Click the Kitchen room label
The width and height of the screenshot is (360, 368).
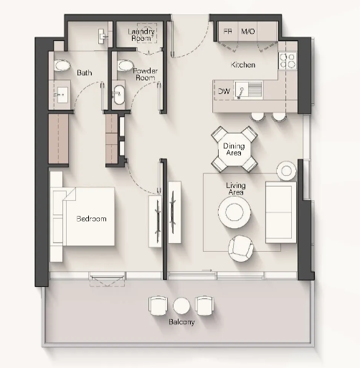tap(243, 65)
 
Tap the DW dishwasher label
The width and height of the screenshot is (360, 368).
tap(224, 91)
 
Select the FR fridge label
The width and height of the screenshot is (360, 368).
tap(227, 32)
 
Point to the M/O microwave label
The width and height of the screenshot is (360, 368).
tap(248, 32)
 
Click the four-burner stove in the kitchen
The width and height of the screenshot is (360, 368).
tap(288, 61)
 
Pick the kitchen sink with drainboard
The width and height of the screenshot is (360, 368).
tap(248, 90)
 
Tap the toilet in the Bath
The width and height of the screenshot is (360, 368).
tap(62, 65)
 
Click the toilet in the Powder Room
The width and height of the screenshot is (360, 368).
tap(125, 65)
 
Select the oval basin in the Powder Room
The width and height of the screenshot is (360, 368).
tap(119, 95)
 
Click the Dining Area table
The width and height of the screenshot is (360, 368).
tap(235, 149)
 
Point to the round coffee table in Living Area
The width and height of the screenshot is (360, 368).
tap(235, 212)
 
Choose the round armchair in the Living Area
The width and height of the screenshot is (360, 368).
tap(240, 248)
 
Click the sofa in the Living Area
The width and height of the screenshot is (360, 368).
tap(281, 212)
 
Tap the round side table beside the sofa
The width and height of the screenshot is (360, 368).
tap(286, 171)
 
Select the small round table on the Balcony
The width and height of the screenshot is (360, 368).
tap(181, 306)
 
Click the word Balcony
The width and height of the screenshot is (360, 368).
tap(181, 322)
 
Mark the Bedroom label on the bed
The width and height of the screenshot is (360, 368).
tap(91, 219)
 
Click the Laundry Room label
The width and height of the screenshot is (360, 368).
tap(141, 34)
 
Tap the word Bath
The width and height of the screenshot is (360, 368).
tap(85, 72)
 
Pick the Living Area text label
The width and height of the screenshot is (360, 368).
tap(236, 189)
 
